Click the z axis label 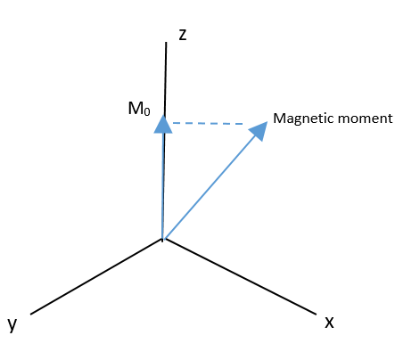point(183,36)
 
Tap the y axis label point(12,323)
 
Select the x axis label point(329,323)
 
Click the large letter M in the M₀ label point(136,108)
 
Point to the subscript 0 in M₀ point(147,111)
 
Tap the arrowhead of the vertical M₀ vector point(163,124)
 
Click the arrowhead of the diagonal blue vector point(259,130)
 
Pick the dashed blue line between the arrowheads point(208,123)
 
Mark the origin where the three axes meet point(163,239)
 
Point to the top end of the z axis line point(166,42)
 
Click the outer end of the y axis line point(31,314)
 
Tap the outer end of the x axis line point(316,314)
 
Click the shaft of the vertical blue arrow point(162,186)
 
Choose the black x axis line point(239,276)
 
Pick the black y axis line point(97,276)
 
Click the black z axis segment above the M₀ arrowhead point(165,78)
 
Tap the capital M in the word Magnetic point(278,118)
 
